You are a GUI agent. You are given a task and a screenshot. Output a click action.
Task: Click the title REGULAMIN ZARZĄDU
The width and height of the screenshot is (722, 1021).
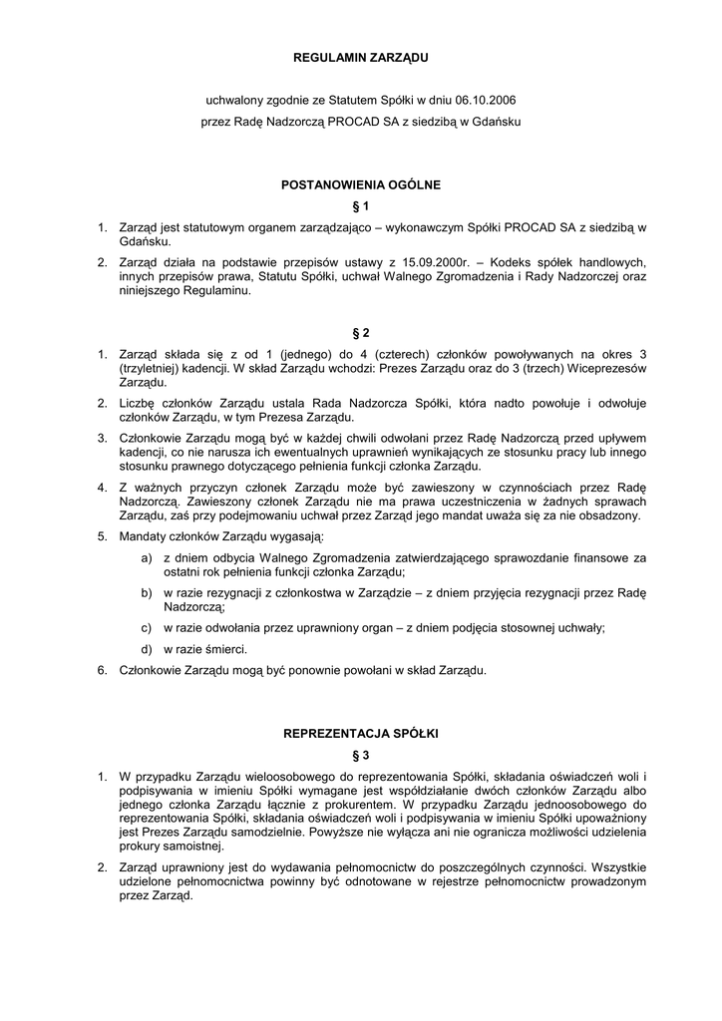[x=360, y=59]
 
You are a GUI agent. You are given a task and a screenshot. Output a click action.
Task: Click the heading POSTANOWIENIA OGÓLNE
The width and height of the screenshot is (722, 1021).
[x=360, y=184]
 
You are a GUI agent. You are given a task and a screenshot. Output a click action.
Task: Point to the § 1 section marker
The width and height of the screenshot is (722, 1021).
[x=360, y=206]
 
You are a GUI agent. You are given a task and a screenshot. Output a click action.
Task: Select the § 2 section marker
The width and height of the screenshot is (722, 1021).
[x=360, y=332]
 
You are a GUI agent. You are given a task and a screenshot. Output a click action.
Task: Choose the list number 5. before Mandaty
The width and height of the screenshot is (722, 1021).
[x=102, y=536]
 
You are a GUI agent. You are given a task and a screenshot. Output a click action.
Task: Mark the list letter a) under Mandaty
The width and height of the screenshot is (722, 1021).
[x=148, y=558]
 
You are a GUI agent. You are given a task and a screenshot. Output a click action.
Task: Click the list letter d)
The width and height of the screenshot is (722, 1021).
[x=148, y=649]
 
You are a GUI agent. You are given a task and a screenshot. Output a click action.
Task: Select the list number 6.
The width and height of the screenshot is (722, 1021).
[x=102, y=670]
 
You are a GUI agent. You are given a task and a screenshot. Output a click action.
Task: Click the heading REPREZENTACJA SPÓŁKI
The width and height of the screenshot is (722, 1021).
[x=360, y=733]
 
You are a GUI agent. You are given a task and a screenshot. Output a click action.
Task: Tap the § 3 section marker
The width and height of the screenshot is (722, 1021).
[x=360, y=755]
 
